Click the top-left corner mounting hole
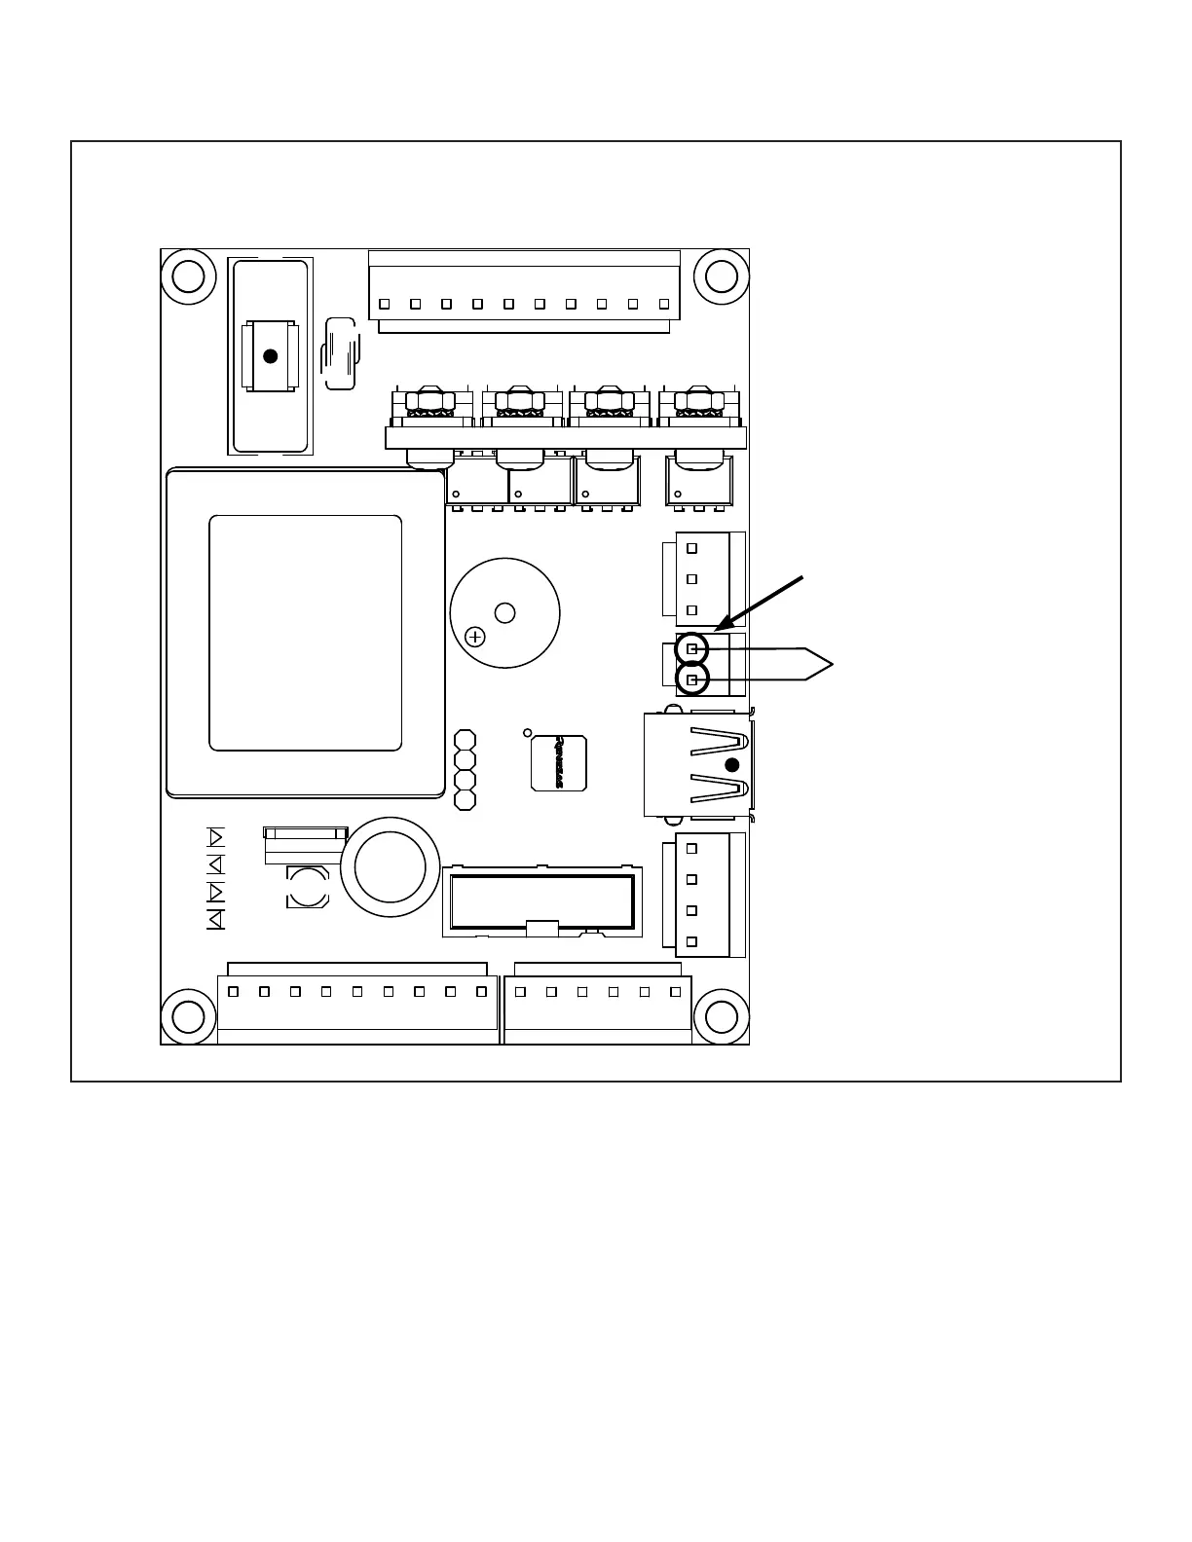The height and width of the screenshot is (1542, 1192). pos(188,276)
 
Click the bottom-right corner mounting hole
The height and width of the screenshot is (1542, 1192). pos(721,1016)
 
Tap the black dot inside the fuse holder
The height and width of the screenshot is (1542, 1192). pos(271,356)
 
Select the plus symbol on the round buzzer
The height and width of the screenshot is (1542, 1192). pos(475,638)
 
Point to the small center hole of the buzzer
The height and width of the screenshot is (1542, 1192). pos(504,612)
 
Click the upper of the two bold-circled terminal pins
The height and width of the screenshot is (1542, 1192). pos(691,648)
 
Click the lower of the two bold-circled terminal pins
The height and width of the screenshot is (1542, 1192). pos(691,679)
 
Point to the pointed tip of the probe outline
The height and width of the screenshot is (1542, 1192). pos(833,664)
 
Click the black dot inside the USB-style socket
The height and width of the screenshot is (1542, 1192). pos(732,764)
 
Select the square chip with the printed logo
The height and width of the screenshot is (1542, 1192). pos(559,762)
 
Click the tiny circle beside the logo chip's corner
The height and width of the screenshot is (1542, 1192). pos(528,732)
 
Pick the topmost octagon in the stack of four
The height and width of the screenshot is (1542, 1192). pos(466,740)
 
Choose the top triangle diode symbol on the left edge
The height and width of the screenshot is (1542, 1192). pos(216,837)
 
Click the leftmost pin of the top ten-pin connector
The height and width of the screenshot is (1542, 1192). pos(384,303)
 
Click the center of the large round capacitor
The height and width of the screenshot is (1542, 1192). pos(390,866)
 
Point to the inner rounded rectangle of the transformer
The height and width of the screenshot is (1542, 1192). pos(306,633)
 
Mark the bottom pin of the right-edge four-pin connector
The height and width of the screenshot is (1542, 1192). pos(692,941)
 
